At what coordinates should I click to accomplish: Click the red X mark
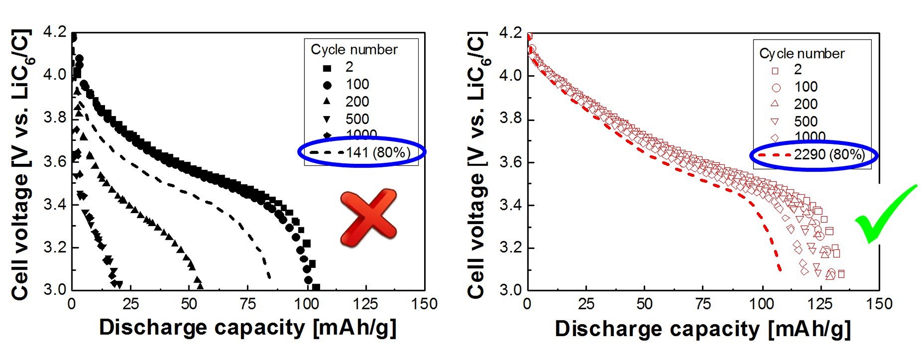coord(368,217)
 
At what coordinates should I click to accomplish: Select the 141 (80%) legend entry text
coord(378,152)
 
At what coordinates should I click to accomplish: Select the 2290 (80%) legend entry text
coord(829,155)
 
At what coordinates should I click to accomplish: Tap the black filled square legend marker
coord(327,68)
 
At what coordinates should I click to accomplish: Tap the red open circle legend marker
coord(776,87)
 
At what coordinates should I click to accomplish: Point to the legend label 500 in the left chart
coord(357,119)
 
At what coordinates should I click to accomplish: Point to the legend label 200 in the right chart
coord(805,104)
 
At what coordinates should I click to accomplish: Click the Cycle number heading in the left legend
coord(354,50)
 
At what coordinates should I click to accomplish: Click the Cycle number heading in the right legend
coord(802,54)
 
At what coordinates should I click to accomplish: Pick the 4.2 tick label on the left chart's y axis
coord(55,32)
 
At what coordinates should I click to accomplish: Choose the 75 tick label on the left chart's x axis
coord(248,304)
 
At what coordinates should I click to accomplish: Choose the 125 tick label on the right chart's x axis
coord(821,304)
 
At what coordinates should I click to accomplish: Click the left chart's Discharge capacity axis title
coord(248,328)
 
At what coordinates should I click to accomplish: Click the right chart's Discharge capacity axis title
coord(703,329)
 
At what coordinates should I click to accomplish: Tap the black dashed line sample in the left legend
coord(327,152)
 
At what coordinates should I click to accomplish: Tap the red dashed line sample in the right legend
coord(775,155)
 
